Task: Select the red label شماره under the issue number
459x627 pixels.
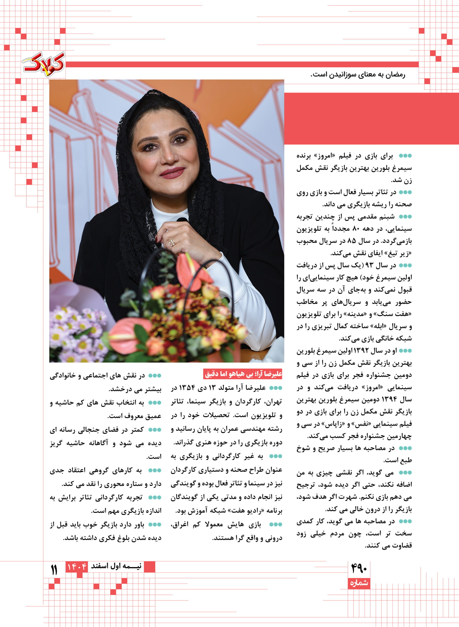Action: click(x=359, y=583)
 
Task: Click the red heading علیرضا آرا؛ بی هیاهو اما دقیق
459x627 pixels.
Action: click(x=243, y=374)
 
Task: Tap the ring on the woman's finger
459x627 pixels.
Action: click(x=172, y=242)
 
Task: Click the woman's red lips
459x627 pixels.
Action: click(x=172, y=173)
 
